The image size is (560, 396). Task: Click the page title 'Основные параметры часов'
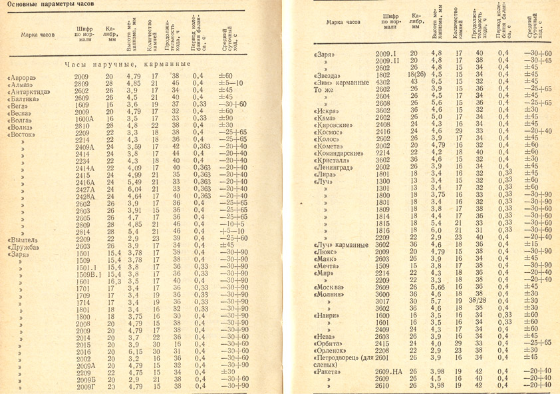tap(51, 6)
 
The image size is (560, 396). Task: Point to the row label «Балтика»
tap(25, 97)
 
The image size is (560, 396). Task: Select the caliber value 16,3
tap(110, 282)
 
